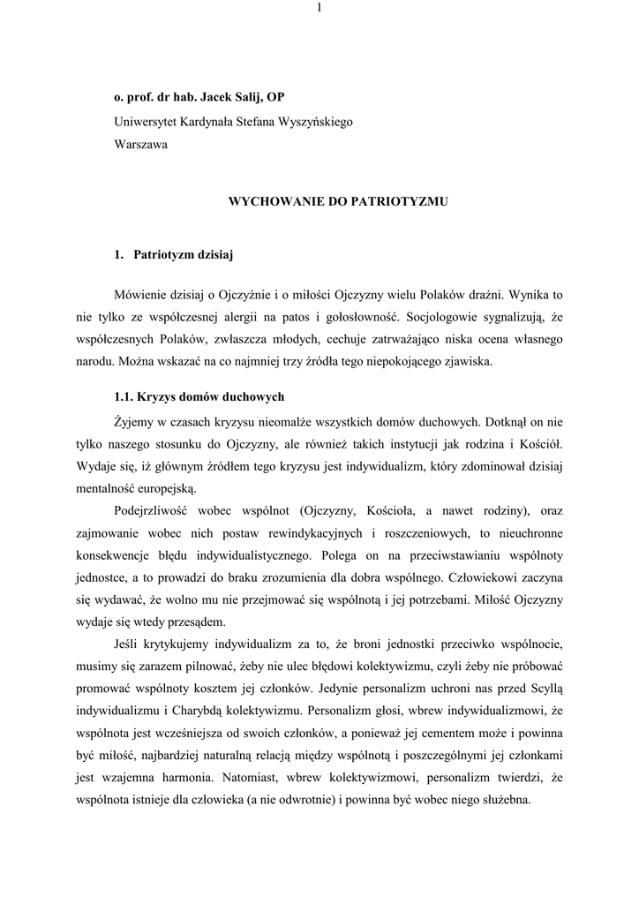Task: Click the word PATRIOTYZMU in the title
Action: click(x=401, y=201)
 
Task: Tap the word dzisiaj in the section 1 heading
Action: click(x=212, y=256)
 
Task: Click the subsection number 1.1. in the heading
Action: click(x=125, y=395)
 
